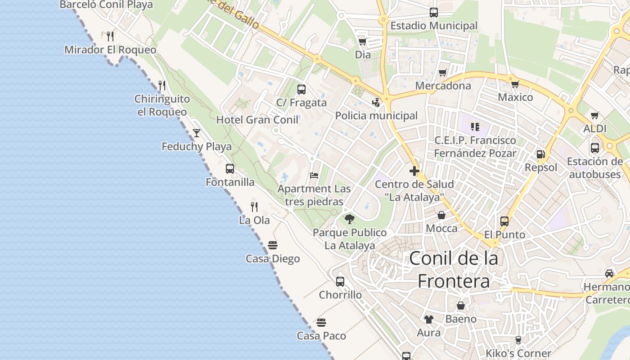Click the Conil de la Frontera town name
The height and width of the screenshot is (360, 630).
click(x=454, y=270)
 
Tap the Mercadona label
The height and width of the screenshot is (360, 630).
click(x=443, y=85)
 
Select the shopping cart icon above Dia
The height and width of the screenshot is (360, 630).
click(x=362, y=42)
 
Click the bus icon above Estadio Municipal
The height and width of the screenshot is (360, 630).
click(x=433, y=13)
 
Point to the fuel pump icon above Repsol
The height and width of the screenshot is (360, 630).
click(x=540, y=154)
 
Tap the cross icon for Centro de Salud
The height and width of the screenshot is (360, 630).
click(x=414, y=171)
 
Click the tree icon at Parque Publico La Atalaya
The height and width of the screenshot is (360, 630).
click(x=349, y=219)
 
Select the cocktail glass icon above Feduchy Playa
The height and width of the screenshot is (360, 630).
click(x=197, y=133)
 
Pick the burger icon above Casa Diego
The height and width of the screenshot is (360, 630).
click(x=272, y=245)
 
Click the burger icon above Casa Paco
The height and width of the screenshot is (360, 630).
click(x=321, y=323)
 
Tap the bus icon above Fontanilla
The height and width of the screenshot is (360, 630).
click(x=230, y=169)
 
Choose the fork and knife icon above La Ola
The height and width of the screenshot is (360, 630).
click(x=254, y=207)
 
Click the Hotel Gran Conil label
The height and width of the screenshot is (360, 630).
click(x=257, y=120)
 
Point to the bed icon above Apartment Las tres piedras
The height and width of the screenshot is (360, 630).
click(x=314, y=175)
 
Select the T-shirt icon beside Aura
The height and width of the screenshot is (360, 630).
click(x=428, y=319)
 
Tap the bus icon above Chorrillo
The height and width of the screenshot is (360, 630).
click(x=340, y=282)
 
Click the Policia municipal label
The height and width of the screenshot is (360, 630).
click(x=376, y=116)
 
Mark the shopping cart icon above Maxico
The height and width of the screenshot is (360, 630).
click(x=515, y=84)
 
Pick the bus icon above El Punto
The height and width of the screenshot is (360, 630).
click(x=504, y=221)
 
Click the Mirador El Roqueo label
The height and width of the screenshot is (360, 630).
click(x=110, y=49)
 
